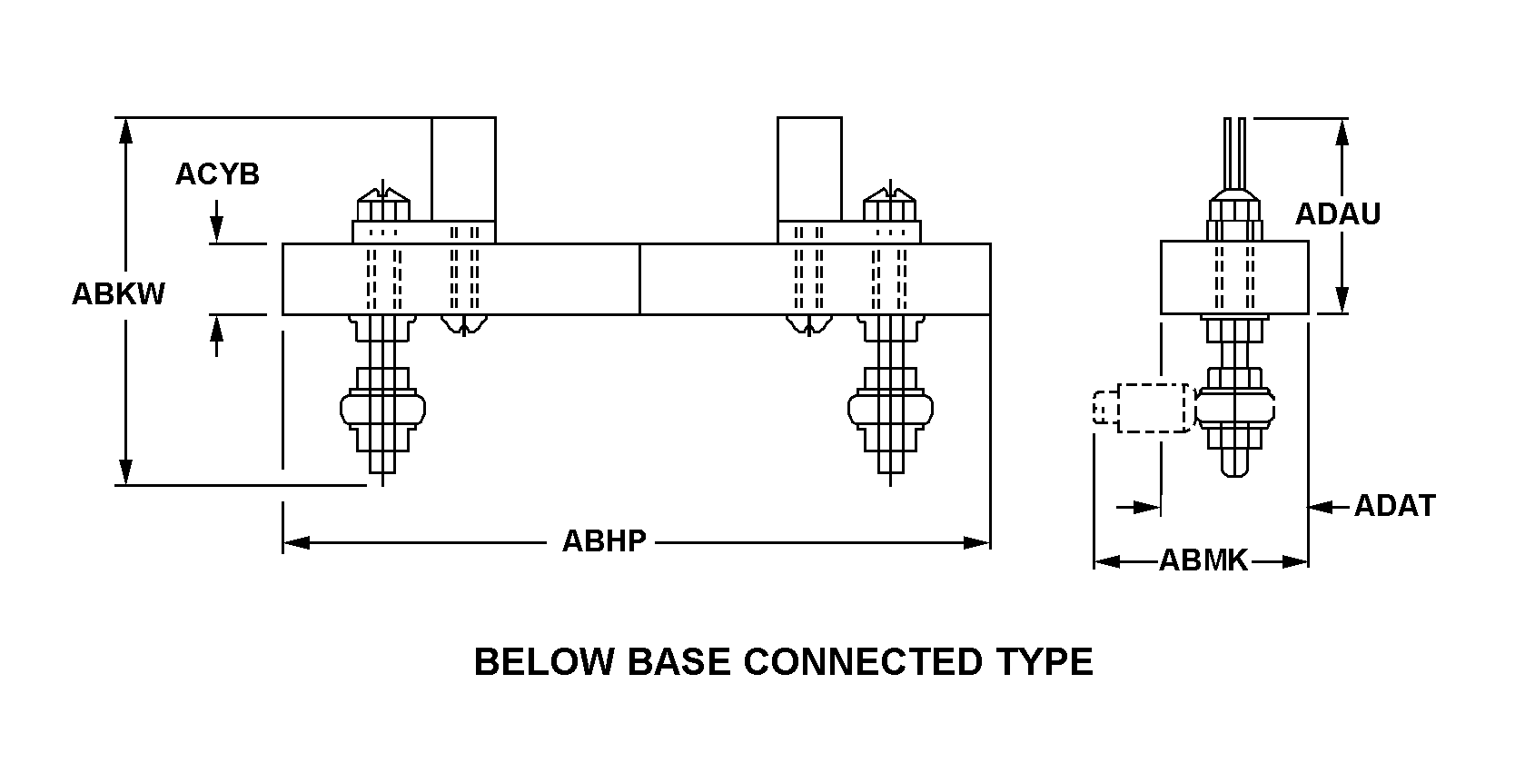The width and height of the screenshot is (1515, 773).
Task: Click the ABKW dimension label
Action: click(118, 294)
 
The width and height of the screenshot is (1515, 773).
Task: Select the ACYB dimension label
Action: click(217, 173)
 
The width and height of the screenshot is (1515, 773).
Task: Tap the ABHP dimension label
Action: click(604, 541)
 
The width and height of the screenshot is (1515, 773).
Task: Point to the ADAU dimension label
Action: click(1337, 214)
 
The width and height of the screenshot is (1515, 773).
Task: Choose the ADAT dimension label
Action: click(1394, 506)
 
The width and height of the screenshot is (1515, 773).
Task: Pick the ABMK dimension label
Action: click(1203, 561)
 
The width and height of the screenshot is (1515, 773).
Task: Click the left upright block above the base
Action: click(463, 169)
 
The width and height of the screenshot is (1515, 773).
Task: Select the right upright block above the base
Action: click(809, 169)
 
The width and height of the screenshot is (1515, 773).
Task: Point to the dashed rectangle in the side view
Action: click(1152, 408)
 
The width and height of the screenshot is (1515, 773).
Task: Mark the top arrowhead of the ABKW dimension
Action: click(126, 132)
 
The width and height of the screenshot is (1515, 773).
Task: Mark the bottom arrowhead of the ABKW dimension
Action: click(126, 471)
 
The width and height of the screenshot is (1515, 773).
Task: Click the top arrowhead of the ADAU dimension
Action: click(1342, 133)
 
